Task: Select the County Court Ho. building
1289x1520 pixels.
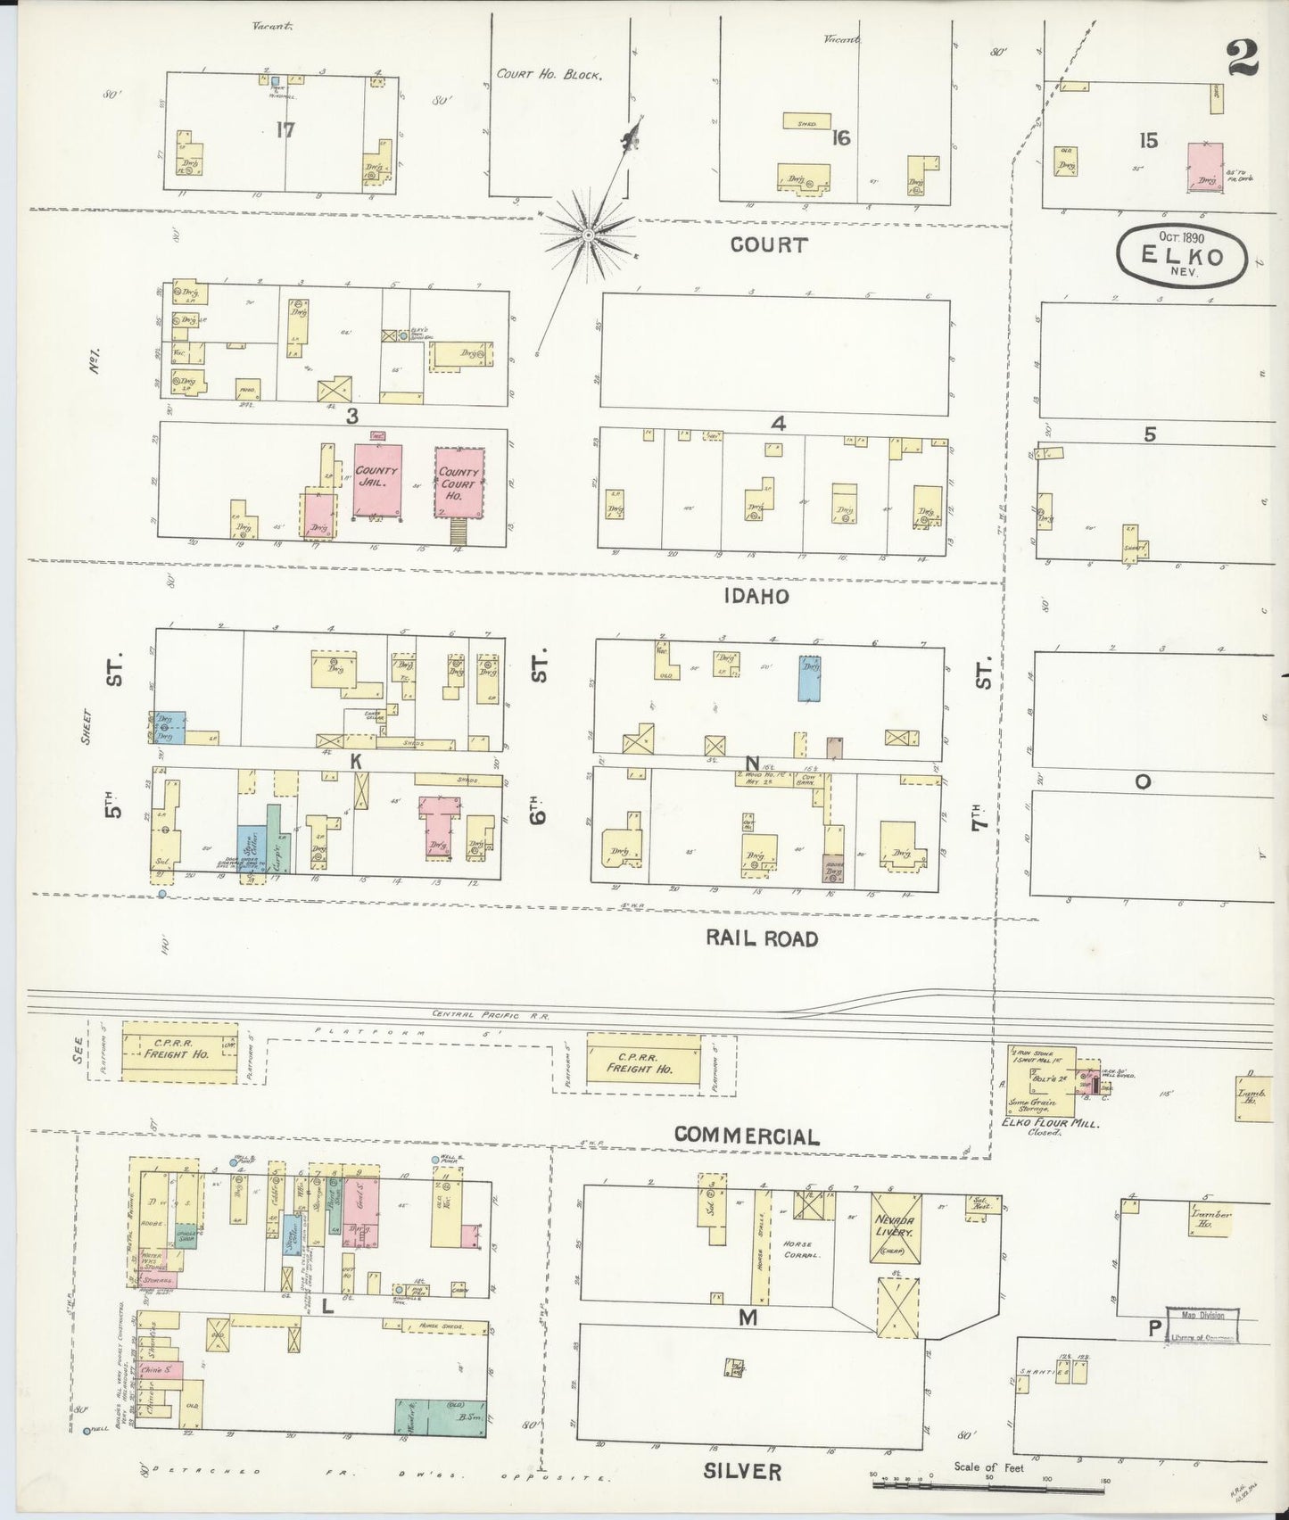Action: tap(459, 481)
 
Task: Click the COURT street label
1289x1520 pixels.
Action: tap(768, 244)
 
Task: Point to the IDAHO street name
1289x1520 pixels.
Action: tap(758, 596)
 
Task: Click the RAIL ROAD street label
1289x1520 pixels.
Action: tap(761, 938)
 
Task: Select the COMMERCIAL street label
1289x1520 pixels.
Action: tap(747, 1136)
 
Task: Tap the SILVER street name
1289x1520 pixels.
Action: tap(742, 1471)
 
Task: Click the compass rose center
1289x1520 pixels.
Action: tap(588, 235)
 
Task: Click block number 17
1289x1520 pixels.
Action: tap(285, 130)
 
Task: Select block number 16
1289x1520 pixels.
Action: tap(839, 138)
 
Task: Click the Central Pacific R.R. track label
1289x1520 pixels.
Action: tap(492, 1015)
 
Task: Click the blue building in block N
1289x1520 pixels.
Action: tap(810, 679)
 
